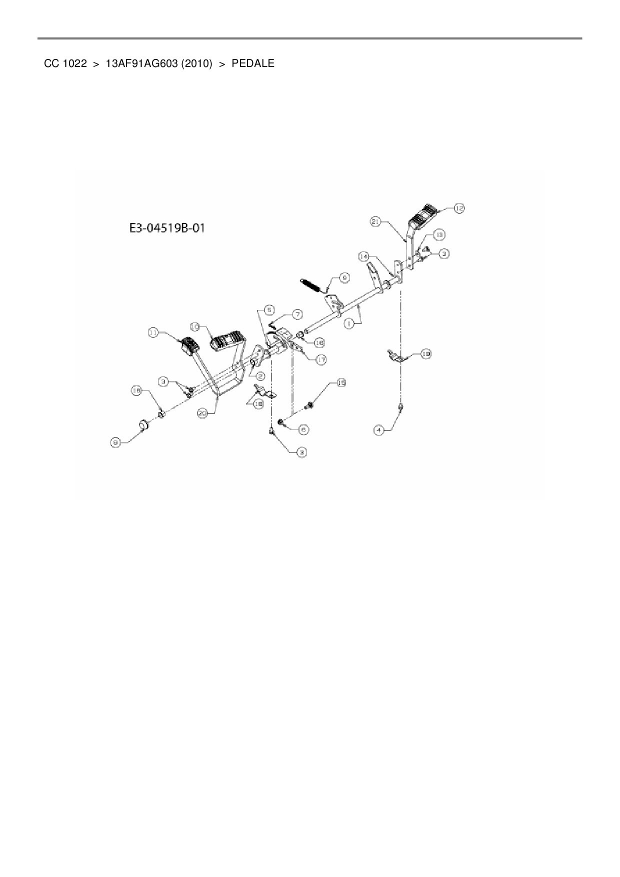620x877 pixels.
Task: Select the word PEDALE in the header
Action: click(x=252, y=63)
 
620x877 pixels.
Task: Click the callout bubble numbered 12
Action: click(x=459, y=207)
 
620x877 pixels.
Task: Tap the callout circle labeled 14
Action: click(x=364, y=256)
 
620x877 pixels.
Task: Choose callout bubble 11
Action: click(x=153, y=331)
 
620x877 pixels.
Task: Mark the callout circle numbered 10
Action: click(x=195, y=326)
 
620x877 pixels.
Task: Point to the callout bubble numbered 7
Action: click(x=297, y=314)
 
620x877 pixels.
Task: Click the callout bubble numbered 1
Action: click(x=349, y=323)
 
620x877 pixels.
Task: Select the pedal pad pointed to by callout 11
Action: click(x=188, y=346)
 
